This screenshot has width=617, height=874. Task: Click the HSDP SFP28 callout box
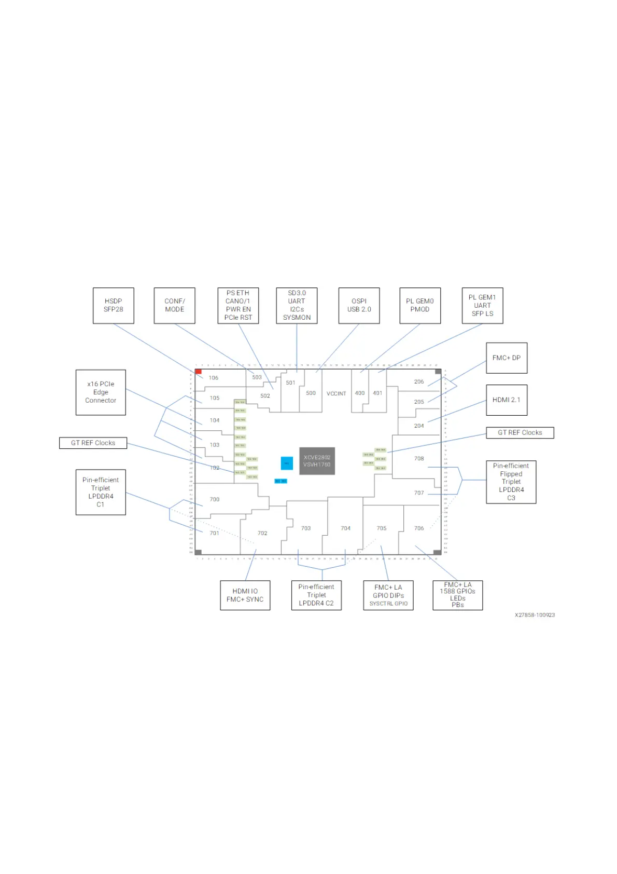point(113,305)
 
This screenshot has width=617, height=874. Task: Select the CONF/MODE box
point(174,305)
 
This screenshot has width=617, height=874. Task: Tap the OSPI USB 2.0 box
point(359,305)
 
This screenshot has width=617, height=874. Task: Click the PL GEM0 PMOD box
point(420,305)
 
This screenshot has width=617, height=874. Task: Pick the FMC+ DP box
point(506,358)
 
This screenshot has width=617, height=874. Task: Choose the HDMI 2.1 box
point(506,400)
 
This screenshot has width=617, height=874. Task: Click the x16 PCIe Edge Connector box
point(101,392)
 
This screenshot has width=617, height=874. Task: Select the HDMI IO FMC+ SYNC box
point(245,595)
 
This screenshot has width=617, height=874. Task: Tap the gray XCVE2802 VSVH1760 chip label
point(317,461)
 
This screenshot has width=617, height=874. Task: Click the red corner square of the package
point(198,372)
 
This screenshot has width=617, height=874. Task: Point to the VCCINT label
point(336,393)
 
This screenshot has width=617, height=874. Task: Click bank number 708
point(419,458)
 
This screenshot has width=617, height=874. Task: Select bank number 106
point(214,378)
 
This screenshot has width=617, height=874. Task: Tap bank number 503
point(257,377)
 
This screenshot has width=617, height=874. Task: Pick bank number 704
point(345,528)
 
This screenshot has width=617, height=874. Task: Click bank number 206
point(419,381)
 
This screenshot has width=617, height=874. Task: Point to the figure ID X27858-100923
point(535,615)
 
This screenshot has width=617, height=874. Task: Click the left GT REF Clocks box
point(93,443)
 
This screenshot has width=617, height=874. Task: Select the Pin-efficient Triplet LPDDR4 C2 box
point(316,595)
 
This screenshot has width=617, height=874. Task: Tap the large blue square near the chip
point(287,463)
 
